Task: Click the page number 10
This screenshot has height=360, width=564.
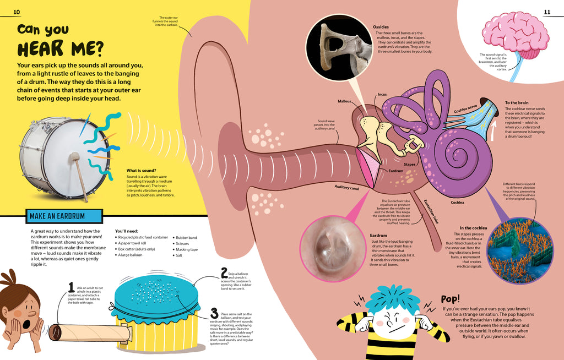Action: coord(17,13)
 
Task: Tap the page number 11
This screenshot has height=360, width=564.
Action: coord(547,12)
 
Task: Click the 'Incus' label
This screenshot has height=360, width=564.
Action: coord(382,95)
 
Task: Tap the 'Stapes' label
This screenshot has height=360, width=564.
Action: coord(409,164)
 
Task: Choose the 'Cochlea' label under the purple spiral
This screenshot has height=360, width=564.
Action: coord(457,202)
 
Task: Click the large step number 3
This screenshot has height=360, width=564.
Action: coord(214,314)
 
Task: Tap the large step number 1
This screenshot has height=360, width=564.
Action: coord(71,286)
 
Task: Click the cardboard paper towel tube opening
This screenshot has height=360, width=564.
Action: coord(55,332)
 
